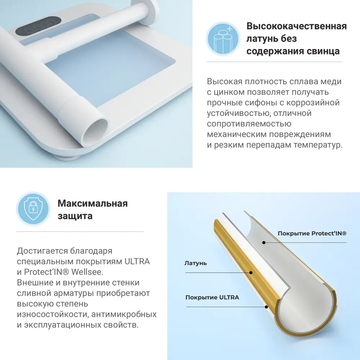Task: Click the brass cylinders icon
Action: pos(223,39)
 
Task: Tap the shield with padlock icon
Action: pos(33,209)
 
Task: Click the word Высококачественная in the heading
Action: pos(296,26)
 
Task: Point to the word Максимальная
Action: pos(93,203)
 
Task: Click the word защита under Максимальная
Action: pos(75,216)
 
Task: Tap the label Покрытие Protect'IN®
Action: pos(312,234)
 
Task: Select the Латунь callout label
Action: pos(195,263)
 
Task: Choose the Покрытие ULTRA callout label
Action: pos(212,297)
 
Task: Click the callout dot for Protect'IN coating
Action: pos(264,242)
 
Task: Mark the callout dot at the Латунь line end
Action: pos(251,273)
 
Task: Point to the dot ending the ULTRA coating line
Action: pos(266,307)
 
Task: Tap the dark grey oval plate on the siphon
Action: pos(39,26)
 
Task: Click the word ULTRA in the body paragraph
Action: pos(137,261)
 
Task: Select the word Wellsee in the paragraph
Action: pos(87,272)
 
